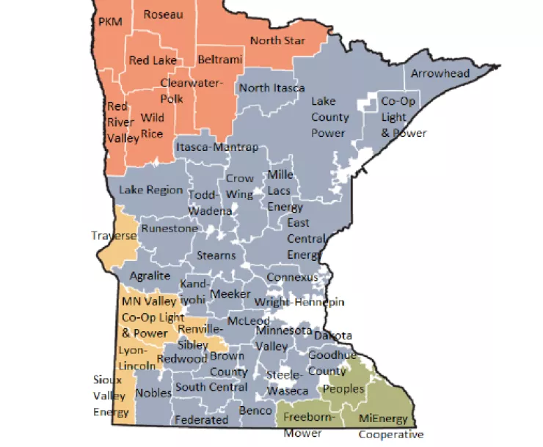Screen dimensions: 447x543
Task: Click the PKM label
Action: [110, 21]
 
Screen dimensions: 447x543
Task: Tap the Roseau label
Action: [164, 14]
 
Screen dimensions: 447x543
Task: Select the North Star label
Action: [277, 40]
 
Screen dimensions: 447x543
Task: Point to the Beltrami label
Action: [219, 60]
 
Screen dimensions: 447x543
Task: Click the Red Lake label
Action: [153, 60]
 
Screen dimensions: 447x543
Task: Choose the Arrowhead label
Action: [440, 74]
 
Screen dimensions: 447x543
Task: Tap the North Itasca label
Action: [271, 88]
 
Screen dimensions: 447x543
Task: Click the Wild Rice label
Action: [152, 125]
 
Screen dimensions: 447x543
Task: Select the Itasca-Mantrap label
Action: [217, 147]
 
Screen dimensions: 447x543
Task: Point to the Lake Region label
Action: [150, 190]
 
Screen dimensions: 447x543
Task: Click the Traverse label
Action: [114, 235]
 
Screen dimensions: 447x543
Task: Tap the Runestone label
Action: [170, 229]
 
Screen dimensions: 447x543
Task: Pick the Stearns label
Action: [216, 255]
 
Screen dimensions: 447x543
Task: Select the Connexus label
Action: [292, 277]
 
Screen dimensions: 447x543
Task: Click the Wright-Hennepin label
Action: [299, 302]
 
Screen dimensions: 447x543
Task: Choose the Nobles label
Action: [153, 394]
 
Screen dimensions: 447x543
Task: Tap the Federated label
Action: [201, 420]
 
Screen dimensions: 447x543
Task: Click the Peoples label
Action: [343, 389]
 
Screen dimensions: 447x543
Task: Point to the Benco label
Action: [257, 411]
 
